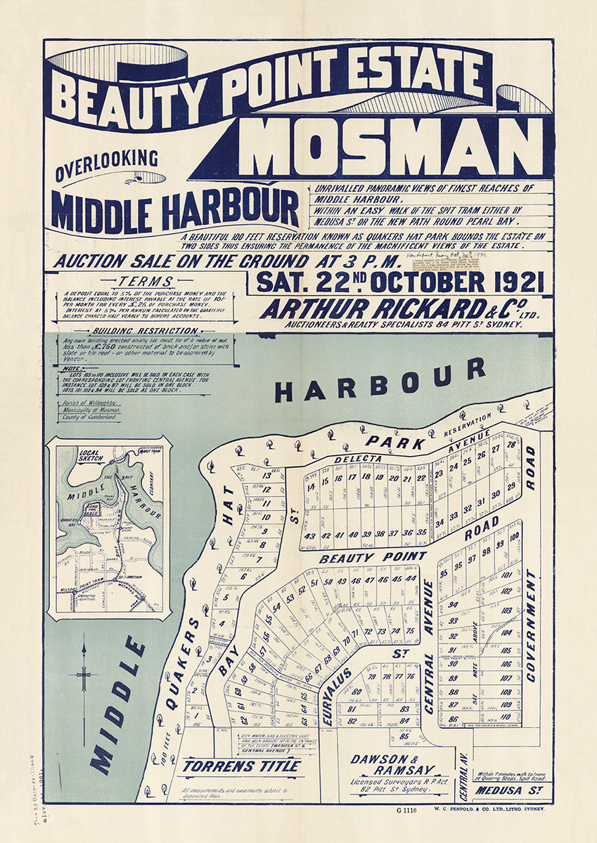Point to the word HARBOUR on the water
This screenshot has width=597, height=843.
coord(380,380)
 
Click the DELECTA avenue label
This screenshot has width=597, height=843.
coord(357,459)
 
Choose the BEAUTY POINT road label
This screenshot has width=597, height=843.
coord(373,558)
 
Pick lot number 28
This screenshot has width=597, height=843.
coord(511,445)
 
